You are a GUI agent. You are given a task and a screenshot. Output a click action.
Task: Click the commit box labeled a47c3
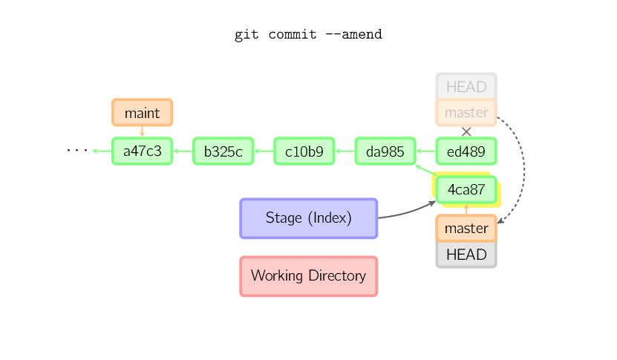(x=142, y=151)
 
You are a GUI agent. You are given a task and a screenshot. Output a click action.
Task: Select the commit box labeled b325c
(x=223, y=151)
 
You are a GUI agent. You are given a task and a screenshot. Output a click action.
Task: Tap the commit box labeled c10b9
(x=304, y=151)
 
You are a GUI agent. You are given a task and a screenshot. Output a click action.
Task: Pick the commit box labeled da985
(x=385, y=151)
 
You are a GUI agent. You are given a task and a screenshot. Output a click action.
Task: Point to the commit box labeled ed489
(x=466, y=151)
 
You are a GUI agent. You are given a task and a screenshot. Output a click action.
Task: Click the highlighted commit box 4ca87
(x=466, y=190)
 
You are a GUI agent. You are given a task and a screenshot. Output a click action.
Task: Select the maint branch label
(x=142, y=113)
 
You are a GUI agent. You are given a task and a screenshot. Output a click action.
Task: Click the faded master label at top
(x=466, y=113)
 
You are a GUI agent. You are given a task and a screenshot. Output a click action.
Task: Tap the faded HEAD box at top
(x=466, y=86)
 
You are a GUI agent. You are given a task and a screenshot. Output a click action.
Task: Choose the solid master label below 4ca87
(x=466, y=229)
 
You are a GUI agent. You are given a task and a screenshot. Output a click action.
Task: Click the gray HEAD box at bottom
(x=466, y=255)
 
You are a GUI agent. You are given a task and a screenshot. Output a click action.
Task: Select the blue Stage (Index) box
(x=308, y=218)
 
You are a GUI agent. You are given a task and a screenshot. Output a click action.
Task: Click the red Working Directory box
(x=308, y=276)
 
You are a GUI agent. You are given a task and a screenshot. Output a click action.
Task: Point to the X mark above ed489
(x=466, y=131)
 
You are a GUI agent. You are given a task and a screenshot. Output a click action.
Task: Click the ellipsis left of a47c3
(x=76, y=151)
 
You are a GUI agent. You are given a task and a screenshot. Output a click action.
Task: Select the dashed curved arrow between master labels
(x=524, y=171)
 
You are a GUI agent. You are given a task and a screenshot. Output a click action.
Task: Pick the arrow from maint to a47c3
(x=142, y=131)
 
